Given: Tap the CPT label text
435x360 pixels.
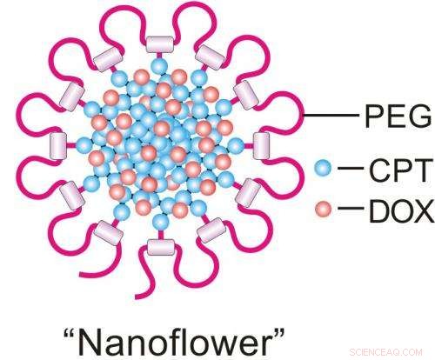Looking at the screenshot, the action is [398, 170].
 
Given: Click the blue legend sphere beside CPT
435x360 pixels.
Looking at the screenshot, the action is [323, 168].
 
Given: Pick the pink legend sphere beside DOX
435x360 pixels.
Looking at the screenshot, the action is [323, 209].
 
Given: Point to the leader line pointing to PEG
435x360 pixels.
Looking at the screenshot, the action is [331, 115].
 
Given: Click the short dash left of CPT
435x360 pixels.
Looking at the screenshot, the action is [351, 168].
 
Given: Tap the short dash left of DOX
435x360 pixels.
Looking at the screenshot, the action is [351, 209].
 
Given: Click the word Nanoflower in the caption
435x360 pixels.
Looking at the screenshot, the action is [174, 343].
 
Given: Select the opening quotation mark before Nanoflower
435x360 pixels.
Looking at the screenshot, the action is [70, 333].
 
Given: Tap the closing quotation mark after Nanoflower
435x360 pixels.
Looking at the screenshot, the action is [278, 333].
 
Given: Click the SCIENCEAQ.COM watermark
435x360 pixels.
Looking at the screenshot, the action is [386, 352].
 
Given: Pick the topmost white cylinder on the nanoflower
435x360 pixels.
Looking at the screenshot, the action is [159, 44].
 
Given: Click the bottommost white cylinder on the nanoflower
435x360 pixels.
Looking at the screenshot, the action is [161, 247].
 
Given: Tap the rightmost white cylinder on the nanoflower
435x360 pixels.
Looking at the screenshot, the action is [261, 146].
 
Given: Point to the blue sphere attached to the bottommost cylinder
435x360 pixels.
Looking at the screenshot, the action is [160, 223].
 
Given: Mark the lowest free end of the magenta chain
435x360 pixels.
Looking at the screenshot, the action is [137, 297].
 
